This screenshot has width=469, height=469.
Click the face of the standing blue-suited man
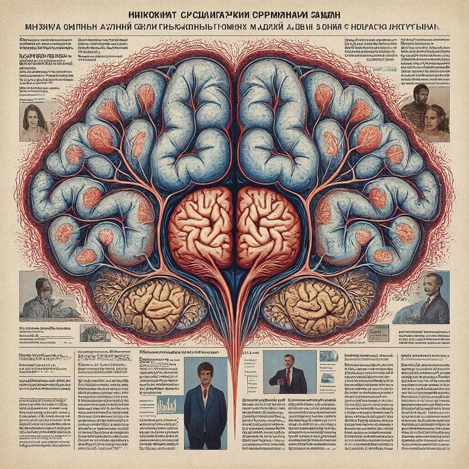pos(206,374)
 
